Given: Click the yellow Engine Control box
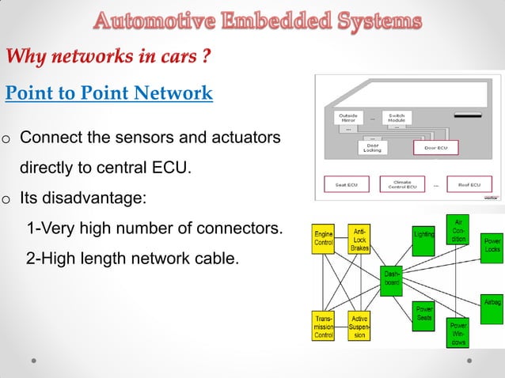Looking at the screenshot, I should point(324,239).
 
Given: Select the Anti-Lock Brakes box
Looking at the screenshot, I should point(360,238).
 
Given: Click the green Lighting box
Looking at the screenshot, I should point(423,233).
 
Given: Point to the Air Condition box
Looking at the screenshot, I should point(458,229).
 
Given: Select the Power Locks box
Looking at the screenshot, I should point(492,244).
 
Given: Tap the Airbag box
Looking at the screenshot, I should point(492,301).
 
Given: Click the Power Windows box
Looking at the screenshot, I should point(458,334).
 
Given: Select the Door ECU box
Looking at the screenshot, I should point(435,147).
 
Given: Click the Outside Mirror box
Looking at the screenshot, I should point(347,117).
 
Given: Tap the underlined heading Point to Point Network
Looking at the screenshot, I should point(109,93).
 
